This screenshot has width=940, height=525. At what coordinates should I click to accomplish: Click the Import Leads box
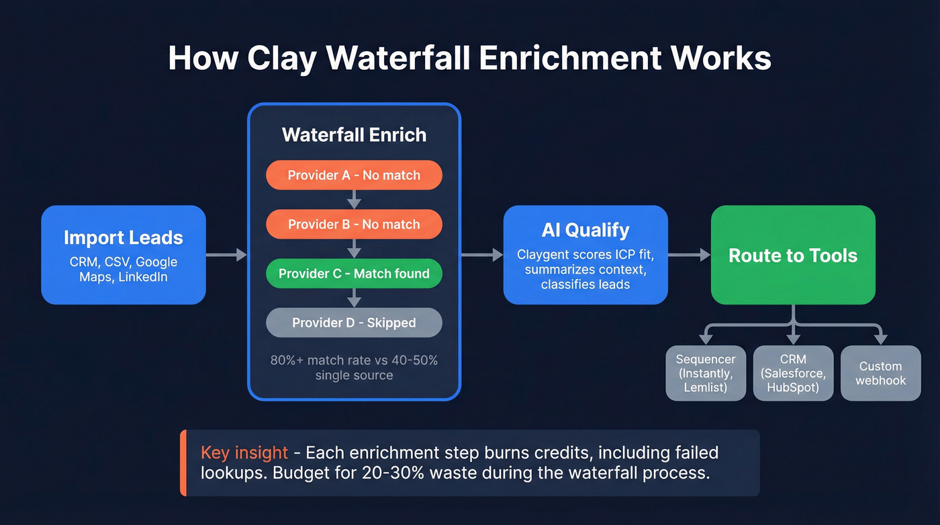tap(123, 255)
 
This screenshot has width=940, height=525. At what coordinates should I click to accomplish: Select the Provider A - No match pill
tap(354, 175)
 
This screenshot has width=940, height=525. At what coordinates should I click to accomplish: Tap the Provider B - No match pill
tap(354, 224)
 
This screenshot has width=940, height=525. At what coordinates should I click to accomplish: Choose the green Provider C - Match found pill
tap(354, 273)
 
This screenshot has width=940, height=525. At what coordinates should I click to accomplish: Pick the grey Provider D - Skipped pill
tap(354, 323)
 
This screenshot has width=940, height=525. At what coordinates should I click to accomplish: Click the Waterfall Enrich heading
tap(354, 134)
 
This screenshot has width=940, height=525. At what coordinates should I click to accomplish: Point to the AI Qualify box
tap(585, 255)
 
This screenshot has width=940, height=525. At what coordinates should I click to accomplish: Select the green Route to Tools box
tap(793, 255)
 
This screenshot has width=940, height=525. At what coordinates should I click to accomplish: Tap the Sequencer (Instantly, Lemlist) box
tap(706, 373)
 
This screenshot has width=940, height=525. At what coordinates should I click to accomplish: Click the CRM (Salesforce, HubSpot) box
tap(793, 373)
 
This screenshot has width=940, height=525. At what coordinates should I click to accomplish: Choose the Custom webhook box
tap(880, 373)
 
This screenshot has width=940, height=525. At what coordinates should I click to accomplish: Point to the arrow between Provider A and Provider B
tap(354, 200)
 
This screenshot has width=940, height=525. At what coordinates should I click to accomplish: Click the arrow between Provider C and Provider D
tap(354, 298)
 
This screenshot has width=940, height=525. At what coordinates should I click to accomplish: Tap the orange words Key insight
tap(244, 452)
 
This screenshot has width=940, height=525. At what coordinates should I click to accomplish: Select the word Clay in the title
tap(281, 58)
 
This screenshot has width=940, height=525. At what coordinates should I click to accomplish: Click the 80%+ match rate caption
tap(354, 367)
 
